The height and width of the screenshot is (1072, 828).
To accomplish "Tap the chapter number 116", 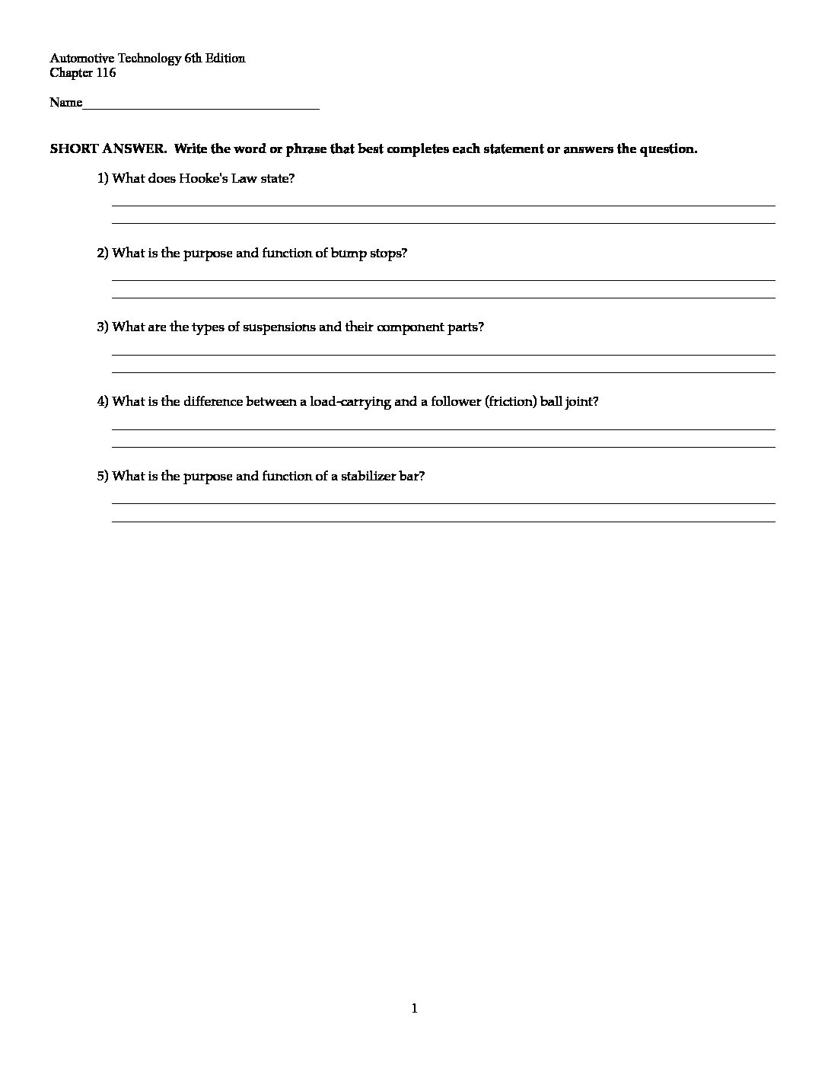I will pos(106,73).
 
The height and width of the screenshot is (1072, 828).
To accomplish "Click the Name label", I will pos(65,103).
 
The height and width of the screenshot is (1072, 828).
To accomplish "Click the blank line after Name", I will pos(201,104).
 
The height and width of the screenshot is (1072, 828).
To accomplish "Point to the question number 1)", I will pos(103,179).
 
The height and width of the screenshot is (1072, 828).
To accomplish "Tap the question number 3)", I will pos(103,327).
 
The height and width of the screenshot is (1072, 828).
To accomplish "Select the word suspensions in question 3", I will pos(279,327).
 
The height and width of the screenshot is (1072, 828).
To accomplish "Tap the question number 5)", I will pos(103,477).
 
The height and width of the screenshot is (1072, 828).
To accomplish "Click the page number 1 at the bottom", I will pos(414,1009).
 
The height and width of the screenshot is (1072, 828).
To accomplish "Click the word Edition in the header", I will pos(225,59).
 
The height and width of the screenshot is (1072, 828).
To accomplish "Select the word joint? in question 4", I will pos(581,402).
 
